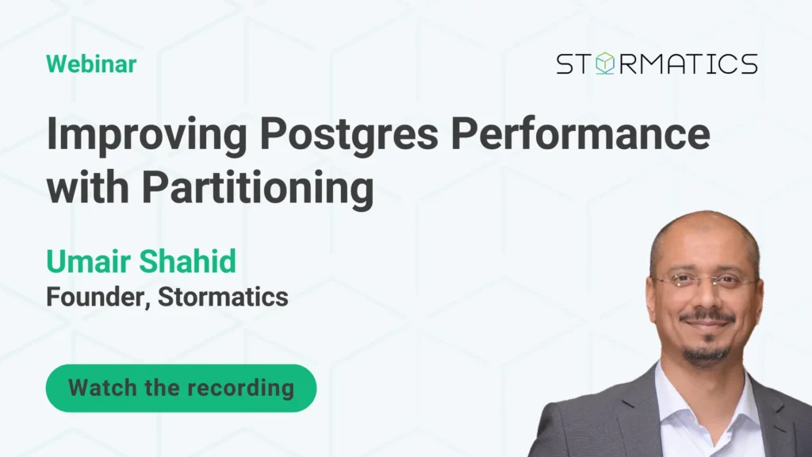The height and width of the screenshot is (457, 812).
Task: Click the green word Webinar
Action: (x=91, y=64)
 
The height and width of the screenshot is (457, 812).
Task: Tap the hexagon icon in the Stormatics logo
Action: (x=604, y=63)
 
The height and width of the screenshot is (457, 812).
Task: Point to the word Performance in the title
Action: (x=580, y=133)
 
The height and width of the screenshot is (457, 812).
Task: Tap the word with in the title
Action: (x=87, y=186)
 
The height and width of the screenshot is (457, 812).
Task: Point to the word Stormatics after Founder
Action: (x=223, y=297)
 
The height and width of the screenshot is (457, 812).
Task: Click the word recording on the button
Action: (x=241, y=388)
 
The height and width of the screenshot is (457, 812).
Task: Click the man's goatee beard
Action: (x=706, y=351)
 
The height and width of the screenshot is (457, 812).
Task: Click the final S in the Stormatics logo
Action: (x=748, y=63)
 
